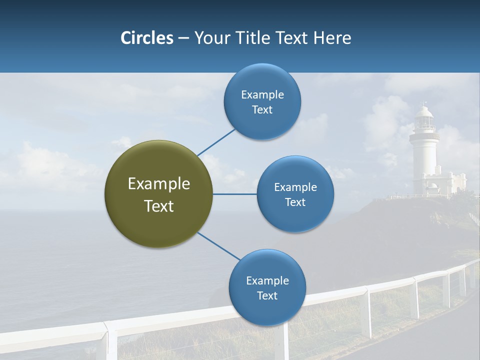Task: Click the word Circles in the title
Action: (147, 38)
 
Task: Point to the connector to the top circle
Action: (216, 142)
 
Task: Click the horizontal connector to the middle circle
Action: (234, 194)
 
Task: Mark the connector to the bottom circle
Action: (218, 246)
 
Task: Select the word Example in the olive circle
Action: (159, 184)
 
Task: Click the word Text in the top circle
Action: (262, 110)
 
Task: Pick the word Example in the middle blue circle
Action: (295, 187)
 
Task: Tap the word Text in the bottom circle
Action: (267, 296)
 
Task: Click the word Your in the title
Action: (208, 38)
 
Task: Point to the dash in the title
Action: (183, 38)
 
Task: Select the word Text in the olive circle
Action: (159, 206)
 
